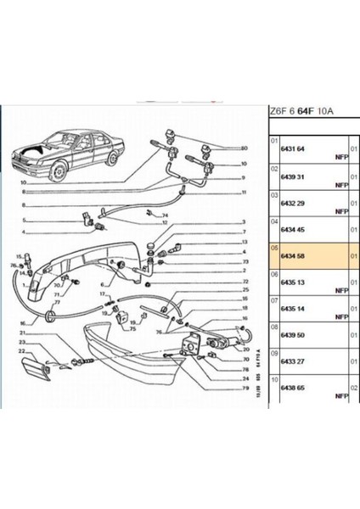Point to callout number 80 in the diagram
point(245,149)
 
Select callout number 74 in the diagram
point(166,216)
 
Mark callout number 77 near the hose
point(57,302)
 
